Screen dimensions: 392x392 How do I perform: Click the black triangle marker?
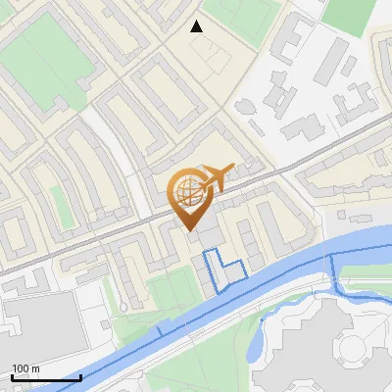click(197, 26)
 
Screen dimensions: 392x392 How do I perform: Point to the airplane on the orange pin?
click(217, 176)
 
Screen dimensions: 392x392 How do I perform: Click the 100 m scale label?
click(25, 368)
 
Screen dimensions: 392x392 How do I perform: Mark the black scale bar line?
click(46, 377)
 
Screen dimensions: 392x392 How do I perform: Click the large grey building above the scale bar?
click(39, 323)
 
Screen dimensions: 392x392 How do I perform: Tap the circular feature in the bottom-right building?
click(350, 345)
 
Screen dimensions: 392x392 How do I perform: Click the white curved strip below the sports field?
click(98, 127)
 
